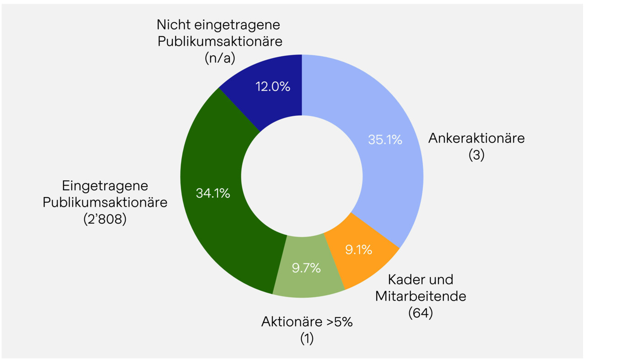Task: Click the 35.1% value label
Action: [x=385, y=140]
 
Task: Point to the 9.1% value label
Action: [x=358, y=250]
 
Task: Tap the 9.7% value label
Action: [x=306, y=268]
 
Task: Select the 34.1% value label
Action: [x=213, y=193]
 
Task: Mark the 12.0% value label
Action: [x=273, y=86]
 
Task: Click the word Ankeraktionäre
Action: [x=476, y=138]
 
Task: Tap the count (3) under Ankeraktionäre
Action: [x=476, y=155]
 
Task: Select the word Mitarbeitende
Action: [x=421, y=296]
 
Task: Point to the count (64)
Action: [x=421, y=313]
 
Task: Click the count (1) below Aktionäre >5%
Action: [x=307, y=339]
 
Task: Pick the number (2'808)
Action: [x=105, y=219]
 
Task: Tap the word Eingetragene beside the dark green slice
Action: [x=105, y=186]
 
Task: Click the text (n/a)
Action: [x=220, y=58]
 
